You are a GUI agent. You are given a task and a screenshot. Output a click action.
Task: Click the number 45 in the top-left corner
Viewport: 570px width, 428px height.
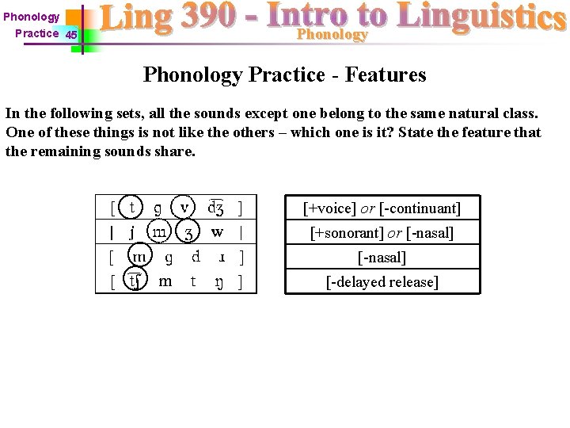(x=71, y=35)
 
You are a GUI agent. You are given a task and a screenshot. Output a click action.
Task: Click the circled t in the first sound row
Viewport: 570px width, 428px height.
(x=131, y=208)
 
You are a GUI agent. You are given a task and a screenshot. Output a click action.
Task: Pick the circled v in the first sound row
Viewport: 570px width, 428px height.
(x=184, y=207)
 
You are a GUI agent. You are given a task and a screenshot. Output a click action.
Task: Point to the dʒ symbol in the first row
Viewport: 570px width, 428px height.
(x=215, y=208)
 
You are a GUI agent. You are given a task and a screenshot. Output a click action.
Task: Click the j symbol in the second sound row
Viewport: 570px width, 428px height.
(x=131, y=232)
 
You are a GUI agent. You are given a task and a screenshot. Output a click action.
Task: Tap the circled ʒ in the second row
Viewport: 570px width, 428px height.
(x=188, y=233)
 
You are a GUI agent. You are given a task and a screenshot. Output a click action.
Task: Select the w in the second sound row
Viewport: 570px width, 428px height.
(x=217, y=232)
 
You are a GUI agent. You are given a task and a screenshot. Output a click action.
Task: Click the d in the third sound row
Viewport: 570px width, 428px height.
(x=196, y=257)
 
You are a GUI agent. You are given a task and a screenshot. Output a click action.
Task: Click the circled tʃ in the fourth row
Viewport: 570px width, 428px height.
(x=136, y=281)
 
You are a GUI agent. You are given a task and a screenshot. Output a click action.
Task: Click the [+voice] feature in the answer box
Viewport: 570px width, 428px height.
(x=329, y=208)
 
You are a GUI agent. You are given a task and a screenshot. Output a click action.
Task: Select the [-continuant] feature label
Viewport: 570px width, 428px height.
(x=420, y=208)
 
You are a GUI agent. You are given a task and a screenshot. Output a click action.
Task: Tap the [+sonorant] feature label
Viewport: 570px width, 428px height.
(x=344, y=233)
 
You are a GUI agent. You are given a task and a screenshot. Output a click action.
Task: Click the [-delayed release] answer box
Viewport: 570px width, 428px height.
(x=382, y=282)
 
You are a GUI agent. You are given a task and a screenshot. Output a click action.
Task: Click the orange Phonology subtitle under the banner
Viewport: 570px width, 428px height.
(x=332, y=35)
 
